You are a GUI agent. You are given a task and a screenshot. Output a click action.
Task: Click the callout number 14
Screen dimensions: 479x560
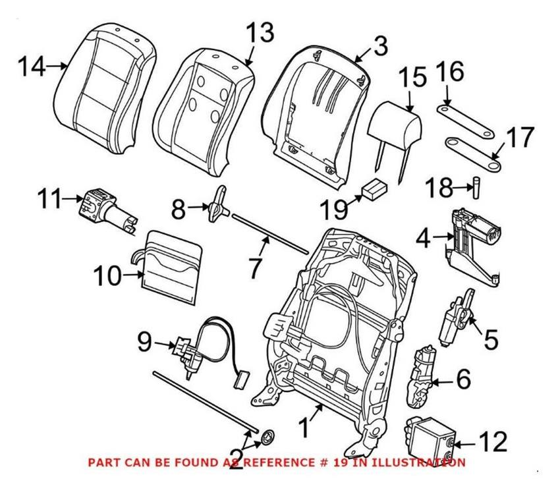(x=31, y=66)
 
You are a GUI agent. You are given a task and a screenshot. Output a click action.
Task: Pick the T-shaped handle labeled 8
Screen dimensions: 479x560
(x=218, y=205)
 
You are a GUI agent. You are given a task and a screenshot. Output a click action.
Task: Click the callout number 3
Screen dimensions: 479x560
(x=379, y=47)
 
